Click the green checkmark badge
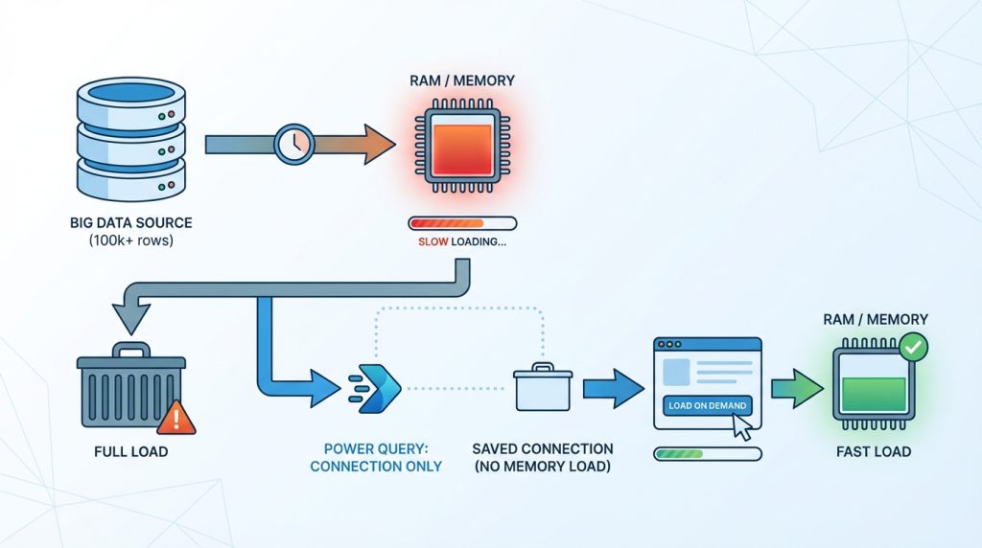(914, 347)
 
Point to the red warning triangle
(175, 418)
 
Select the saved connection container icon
(542, 389)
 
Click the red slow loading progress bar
(462, 223)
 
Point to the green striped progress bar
(707, 453)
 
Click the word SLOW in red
(434, 242)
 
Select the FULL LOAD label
(129, 451)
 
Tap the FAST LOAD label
(872, 451)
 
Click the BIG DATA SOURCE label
(130, 222)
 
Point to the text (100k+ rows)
(130, 240)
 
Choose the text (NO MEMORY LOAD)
(543, 466)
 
